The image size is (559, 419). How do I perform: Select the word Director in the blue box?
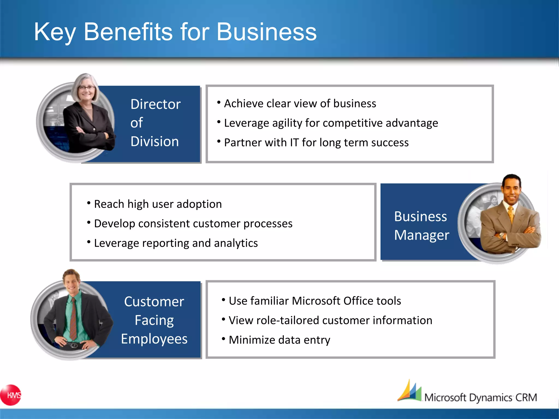click(x=155, y=104)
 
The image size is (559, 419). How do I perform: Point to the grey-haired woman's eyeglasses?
click(x=87, y=88)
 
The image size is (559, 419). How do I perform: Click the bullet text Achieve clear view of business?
click(x=300, y=104)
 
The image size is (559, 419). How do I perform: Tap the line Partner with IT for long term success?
click(x=316, y=143)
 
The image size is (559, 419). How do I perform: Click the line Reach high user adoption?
click(x=158, y=204)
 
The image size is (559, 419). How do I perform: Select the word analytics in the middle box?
click(x=236, y=243)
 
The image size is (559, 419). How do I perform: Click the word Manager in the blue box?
click(x=421, y=235)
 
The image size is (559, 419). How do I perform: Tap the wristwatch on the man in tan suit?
click(x=501, y=235)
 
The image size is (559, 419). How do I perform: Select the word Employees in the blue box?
click(x=154, y=339)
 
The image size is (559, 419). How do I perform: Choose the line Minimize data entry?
click(x=279, y=340)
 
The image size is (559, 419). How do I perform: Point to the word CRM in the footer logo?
click(x=526, y=397)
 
